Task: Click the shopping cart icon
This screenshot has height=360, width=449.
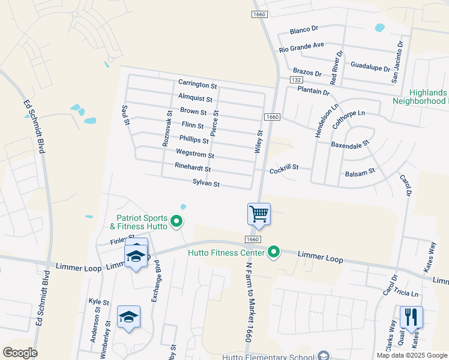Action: (x=259, y=214)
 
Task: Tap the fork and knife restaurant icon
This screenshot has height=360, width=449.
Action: (x=411, y=316)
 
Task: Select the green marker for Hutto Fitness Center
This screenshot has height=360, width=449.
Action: (x=274, y=251)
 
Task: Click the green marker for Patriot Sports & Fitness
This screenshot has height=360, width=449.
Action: (x=176, y=222)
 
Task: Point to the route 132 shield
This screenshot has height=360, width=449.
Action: (x=295, y=80)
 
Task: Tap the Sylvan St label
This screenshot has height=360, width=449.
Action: (x=206, y=184)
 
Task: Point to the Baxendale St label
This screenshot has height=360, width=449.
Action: (x=350, y=145)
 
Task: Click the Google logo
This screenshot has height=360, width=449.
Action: (x=20, y=352)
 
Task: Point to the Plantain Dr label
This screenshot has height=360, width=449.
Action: (x=313, y=91)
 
